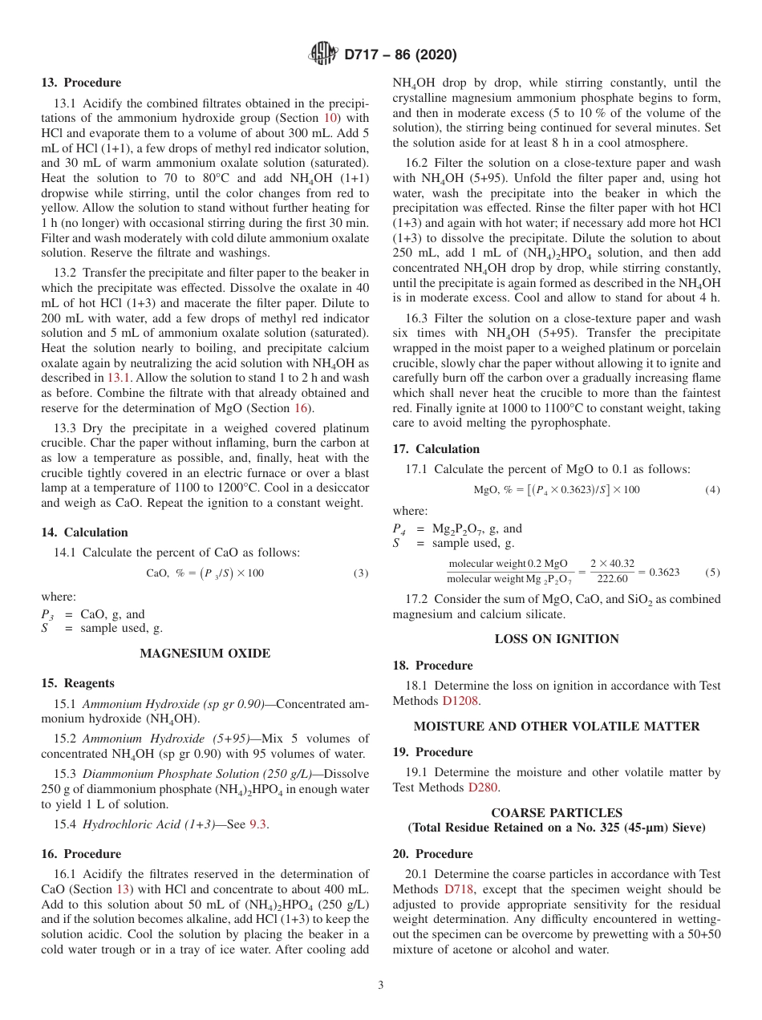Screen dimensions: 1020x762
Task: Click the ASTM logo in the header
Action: pyautogui.click(x=323, y=55)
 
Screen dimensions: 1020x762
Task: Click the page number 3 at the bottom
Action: pyautogui.click(x=380, y=985)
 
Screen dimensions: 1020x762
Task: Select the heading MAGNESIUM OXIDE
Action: pyautogui.click(x=205, y=654)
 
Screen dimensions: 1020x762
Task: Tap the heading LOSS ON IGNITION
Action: pyautogui.click(x=556, y=639)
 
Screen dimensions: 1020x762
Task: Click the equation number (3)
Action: pyautogui.click(x=361, y=573)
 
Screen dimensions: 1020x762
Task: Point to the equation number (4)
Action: pyautogui.click(x=712, y=490)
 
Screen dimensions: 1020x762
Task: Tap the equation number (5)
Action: pyautogui.click(x=712, y=572)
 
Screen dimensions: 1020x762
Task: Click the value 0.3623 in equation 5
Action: pyautogui.click(x=663, y=572)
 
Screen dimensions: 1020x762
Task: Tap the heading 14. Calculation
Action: pyautogui.click(x=84, y=532)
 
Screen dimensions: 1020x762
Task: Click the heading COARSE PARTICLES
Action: pyautogui.click(x=556, y=812)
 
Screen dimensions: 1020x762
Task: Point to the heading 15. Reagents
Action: pyautogui.click(x=78, y=683)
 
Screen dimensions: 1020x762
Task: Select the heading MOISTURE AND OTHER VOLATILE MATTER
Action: pyautogui.click(x=556, y=726)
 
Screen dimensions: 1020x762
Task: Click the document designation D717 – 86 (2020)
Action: pyautogui.click(x=400, y=55)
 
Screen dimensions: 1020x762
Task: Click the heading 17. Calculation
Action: pyautogui.click(x=436, y=449)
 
